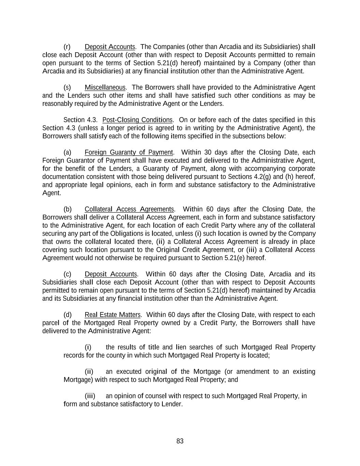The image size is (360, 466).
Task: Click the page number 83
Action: pos(180,441)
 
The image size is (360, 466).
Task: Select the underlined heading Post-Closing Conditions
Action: pos(138,120)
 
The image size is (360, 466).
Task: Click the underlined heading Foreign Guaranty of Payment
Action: pos(129,152)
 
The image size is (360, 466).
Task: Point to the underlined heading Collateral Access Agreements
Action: pos(129,209)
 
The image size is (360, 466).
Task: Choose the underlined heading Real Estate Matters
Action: pos(113,315)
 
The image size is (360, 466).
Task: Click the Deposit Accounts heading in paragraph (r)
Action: pos(110,47)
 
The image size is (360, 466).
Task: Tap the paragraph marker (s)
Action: pos(67,87)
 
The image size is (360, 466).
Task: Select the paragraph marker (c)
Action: pos(67,274)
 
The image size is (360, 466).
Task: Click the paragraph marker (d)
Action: pos(67,315)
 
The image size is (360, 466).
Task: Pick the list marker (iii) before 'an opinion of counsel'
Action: pos(90,396)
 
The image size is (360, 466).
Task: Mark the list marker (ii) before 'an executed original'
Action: pos(89,371)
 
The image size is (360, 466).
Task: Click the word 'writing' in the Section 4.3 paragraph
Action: pos(213,128)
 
